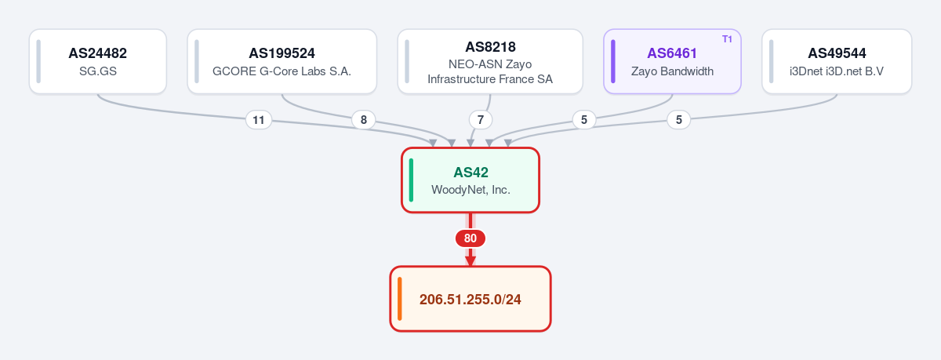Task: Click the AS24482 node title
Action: point(97,53)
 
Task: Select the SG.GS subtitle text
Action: point(98,71)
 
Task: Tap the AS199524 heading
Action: point(282,53)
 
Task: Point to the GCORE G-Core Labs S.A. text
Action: point(282,71)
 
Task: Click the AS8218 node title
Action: point(490,47)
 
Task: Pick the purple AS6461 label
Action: point(672,53)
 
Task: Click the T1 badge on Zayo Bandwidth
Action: point(727,39)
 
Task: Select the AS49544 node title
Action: point(837,53)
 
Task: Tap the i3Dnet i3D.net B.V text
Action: point(837,71)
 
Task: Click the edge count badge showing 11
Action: point(259,120)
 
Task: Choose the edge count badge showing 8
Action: point(364,120)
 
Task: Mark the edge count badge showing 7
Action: point(481,120)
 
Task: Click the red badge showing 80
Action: point(470,238)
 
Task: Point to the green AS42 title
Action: point(471,173)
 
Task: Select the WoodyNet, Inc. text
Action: point(471,190)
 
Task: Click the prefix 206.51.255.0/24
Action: point(470,300)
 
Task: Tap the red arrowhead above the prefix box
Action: point(470,260)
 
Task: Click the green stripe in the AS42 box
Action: point(411,180)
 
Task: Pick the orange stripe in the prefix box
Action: point(399,299)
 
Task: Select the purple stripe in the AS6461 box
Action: point(613,61)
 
